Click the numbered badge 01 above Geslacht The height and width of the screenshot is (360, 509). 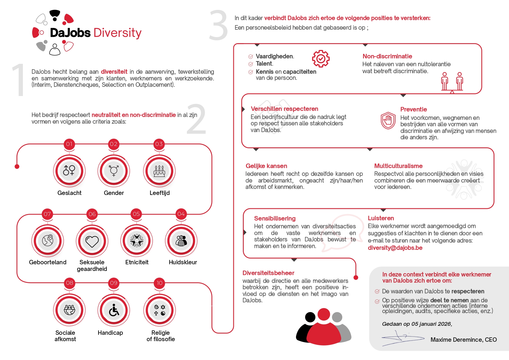[x=69, y=144]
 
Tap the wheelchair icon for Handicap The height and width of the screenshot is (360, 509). [x=114, y=310]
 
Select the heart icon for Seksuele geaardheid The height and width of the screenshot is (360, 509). [x=92, y=241]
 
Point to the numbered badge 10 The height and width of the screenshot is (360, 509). [x=160, y=283]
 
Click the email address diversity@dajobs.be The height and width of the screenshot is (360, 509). [x=395, y=248]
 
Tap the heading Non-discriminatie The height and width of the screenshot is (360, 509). [x=387, y=56]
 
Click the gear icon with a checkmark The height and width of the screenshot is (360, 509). [x=321, y=59]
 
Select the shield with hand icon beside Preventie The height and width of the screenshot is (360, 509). [x=388, y=120]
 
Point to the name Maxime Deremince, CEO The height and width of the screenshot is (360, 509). [x=463, y=340]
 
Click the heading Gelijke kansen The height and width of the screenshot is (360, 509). [x=266, y=166]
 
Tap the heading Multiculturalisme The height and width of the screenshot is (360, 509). [x=398, y=166]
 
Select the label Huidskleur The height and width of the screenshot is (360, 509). [x=183, y=262]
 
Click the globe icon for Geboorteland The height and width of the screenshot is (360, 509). [x=48, y=240]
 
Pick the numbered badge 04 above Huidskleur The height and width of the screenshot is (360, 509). [x=181, y=214]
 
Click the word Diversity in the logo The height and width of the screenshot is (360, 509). [x=118, y=33]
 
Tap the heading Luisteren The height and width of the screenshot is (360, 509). [x=381, y=218]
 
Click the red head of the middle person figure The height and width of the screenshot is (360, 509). [x=324, y=314]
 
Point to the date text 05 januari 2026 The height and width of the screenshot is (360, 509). [x=431, y=324]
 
